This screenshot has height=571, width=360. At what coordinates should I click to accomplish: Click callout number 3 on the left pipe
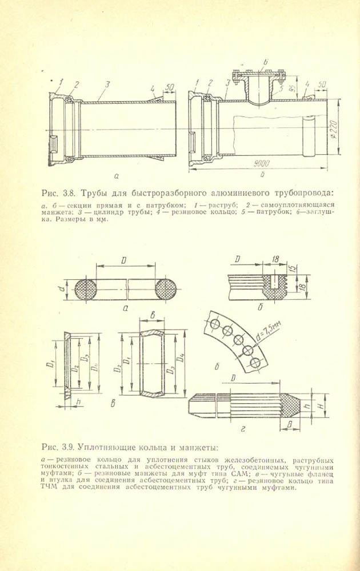click(107, 84)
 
